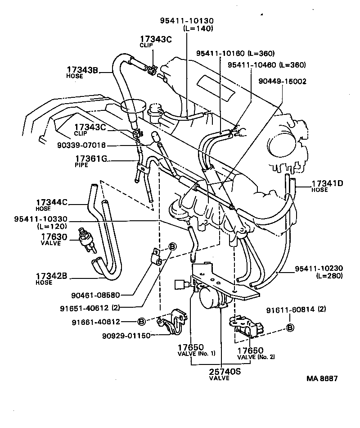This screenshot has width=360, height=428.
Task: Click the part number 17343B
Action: point(82,70)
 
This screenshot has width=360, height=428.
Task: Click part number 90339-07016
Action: point(81,145)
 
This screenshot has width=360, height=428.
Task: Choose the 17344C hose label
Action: point(54,203)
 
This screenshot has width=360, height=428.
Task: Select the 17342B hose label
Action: point(53,277)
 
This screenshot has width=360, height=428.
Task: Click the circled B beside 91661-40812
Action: point(141,322)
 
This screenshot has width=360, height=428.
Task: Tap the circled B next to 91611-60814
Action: point(290,328)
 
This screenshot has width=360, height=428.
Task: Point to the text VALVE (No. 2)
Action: point(256,357)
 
